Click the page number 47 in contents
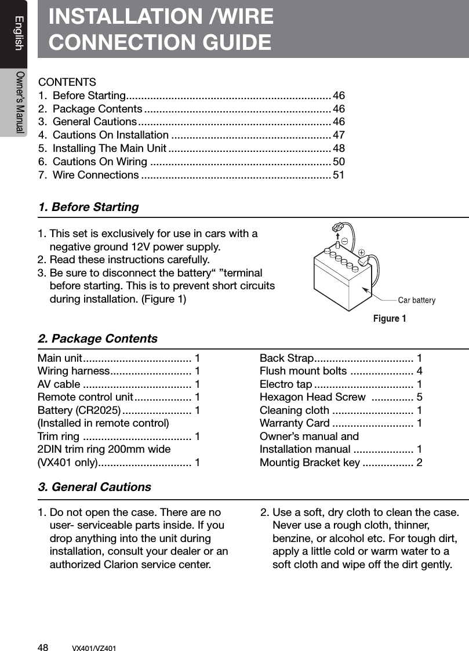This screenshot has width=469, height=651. [339, 135]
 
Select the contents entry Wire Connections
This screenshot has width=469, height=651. [95, 175]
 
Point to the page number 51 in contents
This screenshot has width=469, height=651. [339, 175]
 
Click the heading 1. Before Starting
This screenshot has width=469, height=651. [88, 207]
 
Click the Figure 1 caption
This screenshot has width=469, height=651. [389, 318]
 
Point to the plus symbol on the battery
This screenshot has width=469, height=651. [361, 252]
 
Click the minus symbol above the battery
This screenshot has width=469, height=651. [344, 240]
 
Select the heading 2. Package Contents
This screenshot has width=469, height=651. [97, 339]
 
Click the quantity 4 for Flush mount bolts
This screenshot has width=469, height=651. [419, 371]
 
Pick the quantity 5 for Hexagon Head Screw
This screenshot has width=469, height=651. [419, 397]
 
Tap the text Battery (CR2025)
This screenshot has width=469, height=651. [79, 410]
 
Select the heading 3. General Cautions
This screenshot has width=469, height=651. [94, 487]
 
